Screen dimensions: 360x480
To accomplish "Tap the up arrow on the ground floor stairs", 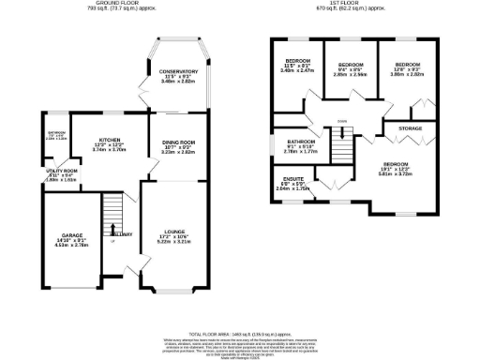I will pos(113,228).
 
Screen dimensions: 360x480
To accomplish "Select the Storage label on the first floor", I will pos(410,127).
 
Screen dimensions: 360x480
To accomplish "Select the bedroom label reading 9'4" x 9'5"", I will pos(351,67).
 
